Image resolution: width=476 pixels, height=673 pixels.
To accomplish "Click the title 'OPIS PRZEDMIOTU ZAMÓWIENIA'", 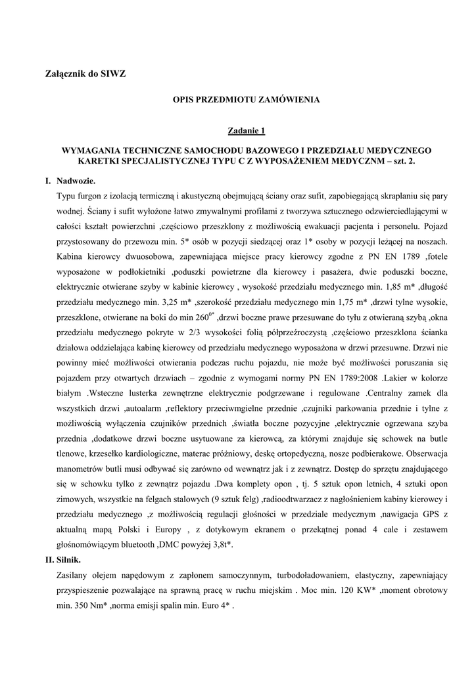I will [246, 100].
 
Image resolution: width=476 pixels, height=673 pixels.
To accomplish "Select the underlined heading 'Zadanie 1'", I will [246, 131].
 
